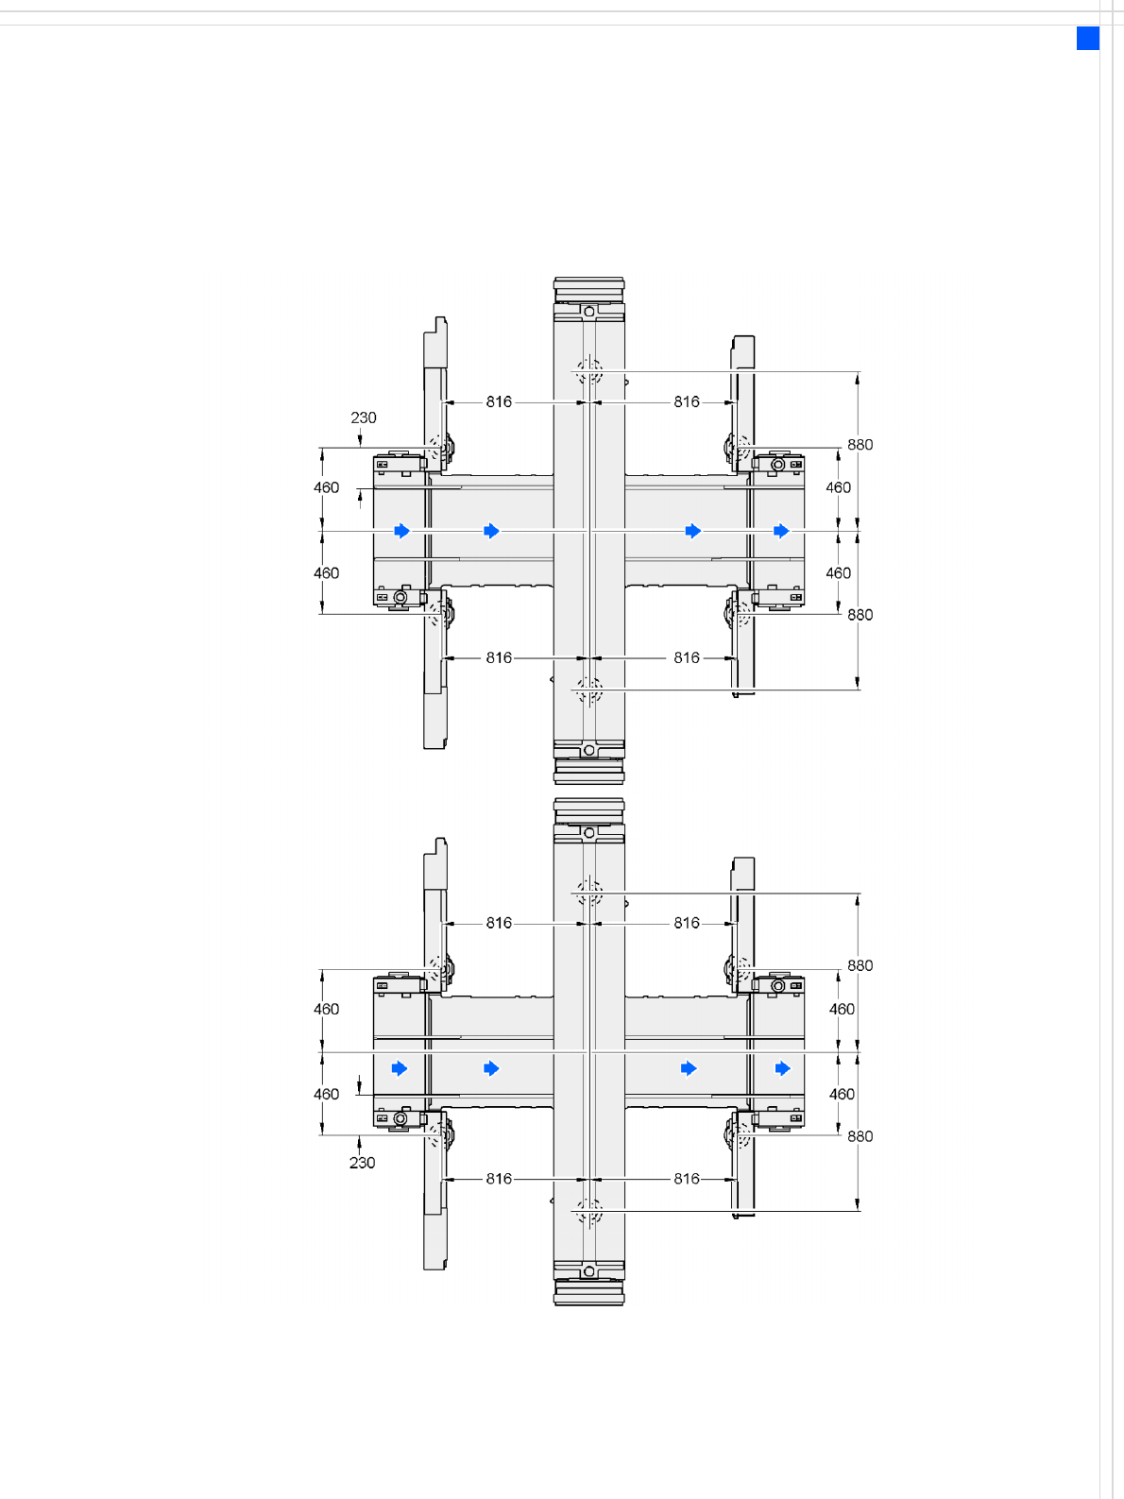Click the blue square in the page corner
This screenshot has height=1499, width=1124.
click(1088, 38)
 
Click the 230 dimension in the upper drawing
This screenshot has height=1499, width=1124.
click(364, 417)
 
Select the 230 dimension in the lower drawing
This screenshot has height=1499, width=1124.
click(362, 1163)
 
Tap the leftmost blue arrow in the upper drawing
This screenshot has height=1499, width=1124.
click(402, 531)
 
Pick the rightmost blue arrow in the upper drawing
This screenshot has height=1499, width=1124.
click(781, 531)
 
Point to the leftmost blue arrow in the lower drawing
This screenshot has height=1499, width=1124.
click(400, 1068)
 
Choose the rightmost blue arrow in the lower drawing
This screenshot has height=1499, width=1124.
click(783, 1068)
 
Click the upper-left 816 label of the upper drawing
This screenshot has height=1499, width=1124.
click(499, 401)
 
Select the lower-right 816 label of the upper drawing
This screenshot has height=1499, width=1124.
click(687, 657)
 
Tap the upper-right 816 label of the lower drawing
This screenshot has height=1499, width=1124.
click(687, 923)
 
